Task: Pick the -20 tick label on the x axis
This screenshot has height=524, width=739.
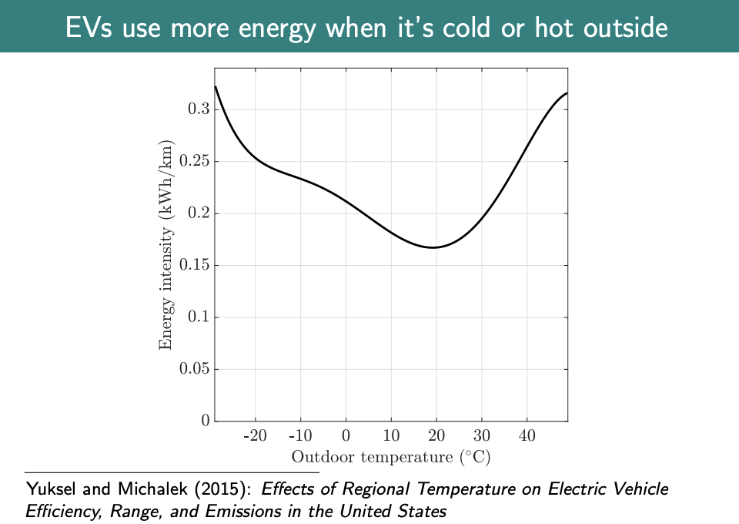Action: point(255,436)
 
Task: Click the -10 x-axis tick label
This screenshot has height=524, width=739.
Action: point(300,436)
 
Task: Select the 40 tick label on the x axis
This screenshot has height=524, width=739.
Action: point(527,436)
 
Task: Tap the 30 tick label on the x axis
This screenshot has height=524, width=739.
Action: point(482,436)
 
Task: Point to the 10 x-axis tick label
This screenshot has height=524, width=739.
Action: point(391,436)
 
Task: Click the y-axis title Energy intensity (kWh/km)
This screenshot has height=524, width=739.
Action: point(166,245)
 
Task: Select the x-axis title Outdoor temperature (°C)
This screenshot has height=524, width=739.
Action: point(391,457)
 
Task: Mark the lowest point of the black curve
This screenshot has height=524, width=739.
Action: point(433,247)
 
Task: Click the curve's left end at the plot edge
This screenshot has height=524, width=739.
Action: point(215,86)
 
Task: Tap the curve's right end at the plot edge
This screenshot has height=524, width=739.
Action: point(567,93)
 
